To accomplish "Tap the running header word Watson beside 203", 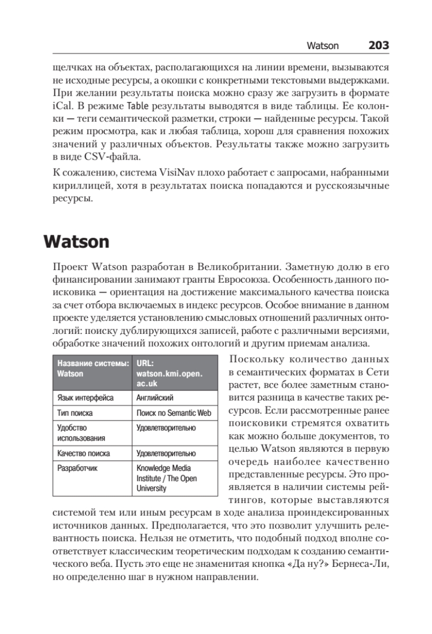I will point(323,46).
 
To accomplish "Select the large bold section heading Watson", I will point(76,242).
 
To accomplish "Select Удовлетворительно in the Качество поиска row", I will point(166,453).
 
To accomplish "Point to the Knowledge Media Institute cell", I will point(164,478).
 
